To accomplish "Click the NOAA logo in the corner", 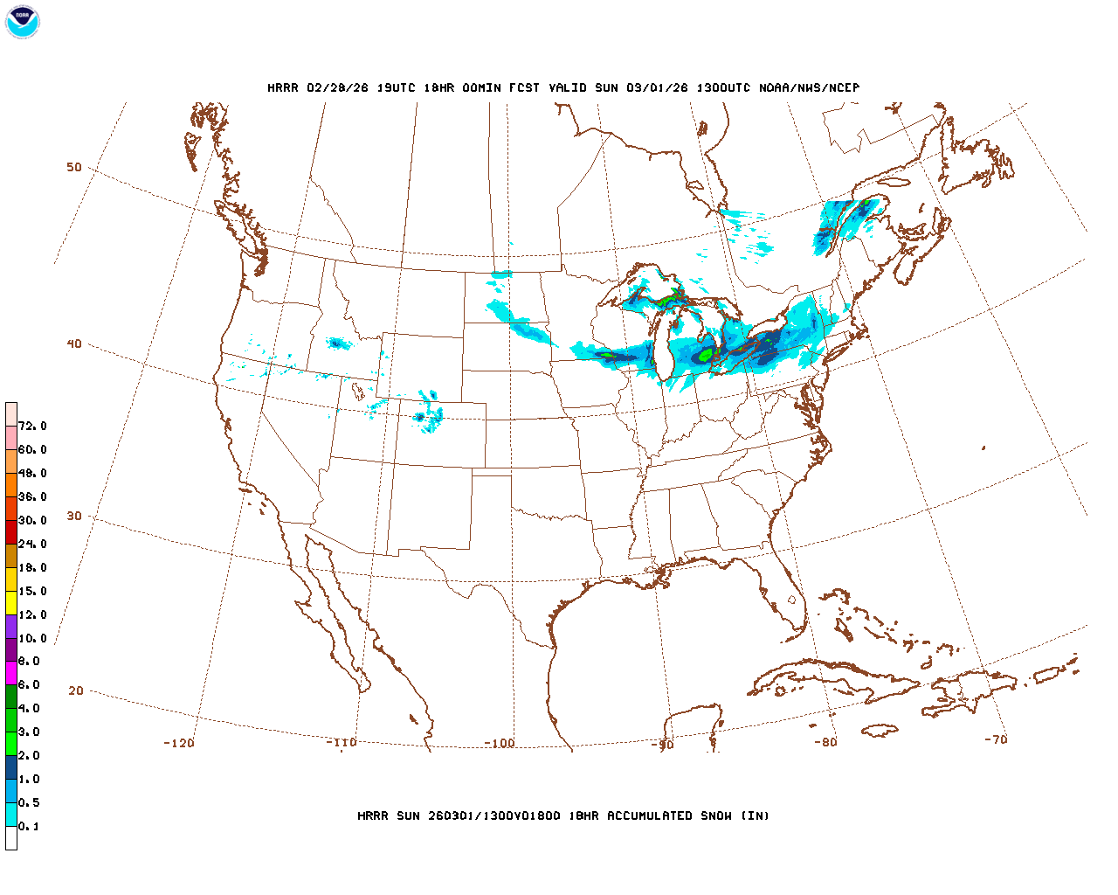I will (x=22, y=22).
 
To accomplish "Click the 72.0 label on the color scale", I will (x=32, y=427).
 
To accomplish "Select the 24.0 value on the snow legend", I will (x=32, y=545).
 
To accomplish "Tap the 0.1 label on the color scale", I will (x=29, y=827).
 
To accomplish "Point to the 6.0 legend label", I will (x=29, y=685).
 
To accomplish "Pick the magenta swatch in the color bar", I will (x=11, y=673).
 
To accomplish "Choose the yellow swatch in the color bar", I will (x=11, y=602).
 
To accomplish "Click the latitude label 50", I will (x=74, y=168).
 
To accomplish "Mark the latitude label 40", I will (x=74, y=344).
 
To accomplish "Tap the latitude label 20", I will (x=76, y=691).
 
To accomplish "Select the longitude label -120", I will (x=179, y=744).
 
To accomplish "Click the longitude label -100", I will (x=500, y=744).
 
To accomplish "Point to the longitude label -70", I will (x=996, y=739).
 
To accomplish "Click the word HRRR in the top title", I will (x=283, y=88).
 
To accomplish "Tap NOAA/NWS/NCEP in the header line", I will (x=809, y=88).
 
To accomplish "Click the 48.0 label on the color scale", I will (x=32, y=474).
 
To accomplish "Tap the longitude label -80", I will (x=825, y=743).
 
